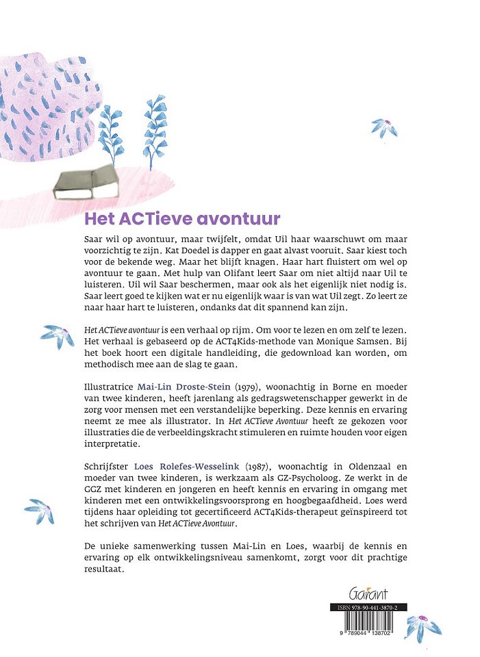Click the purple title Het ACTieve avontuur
[x=182, y=219]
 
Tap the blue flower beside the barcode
[x=422, y=627]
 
